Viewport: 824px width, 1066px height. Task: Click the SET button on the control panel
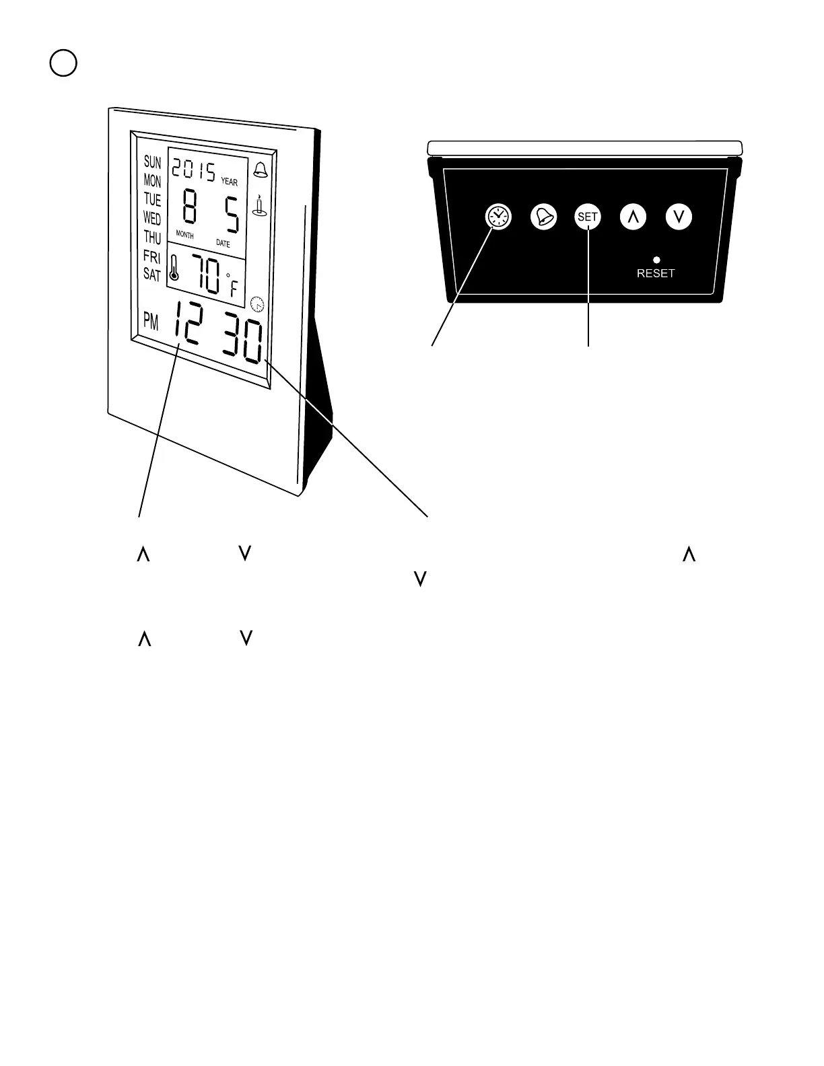[x=588, y=217]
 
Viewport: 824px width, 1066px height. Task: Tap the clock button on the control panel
[x=499, y=217]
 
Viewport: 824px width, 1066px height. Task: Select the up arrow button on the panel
[x=633, y=217]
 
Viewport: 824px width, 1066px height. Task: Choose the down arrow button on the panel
[x=679, y=217]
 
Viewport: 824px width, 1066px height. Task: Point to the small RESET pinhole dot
[x=656, y=260]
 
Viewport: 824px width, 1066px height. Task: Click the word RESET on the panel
[x=656, y=273]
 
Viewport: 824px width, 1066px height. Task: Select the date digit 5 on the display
[x=232, y=211]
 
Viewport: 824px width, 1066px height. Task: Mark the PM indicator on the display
[x=151, y=321]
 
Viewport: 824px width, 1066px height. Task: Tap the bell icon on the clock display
[x=259, y=170]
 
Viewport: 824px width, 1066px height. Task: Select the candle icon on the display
[x=258, y=205]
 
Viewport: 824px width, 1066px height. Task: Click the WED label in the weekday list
[x=152, y=218]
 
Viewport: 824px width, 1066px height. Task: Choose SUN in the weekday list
[x=153, y=162]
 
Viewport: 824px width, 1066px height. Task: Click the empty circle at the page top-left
[x=63, y=63]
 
